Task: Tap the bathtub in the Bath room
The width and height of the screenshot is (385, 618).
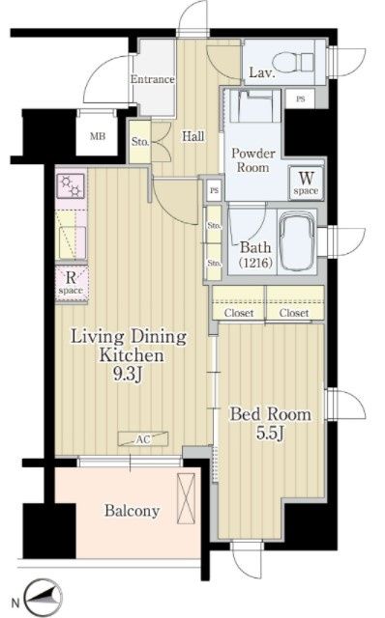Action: pos(297,240)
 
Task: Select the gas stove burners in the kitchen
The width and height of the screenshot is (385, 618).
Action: pos(71,185)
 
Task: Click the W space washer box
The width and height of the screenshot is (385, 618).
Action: pos(306,183)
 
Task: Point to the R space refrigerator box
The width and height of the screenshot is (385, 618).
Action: pos(71,283)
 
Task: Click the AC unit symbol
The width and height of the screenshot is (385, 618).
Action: pos(143,439)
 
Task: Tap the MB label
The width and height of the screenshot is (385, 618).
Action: pos(98,136)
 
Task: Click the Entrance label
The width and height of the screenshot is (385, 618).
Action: pos(153,79)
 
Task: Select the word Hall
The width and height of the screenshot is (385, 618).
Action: pos(193,136)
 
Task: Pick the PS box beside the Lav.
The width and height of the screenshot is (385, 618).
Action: pos(301,98)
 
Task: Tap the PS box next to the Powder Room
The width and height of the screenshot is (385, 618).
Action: pos(215,191)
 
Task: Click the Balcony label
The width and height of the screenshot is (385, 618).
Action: pos(132,511)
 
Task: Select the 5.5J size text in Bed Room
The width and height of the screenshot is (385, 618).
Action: pos(270,433)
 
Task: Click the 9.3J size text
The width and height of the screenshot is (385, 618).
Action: pos(128,375)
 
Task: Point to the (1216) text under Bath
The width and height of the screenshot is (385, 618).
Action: pos(255,262)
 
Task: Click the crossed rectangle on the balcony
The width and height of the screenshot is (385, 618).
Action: pos(187,498)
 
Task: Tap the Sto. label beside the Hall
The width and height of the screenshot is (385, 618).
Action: pos(140,142)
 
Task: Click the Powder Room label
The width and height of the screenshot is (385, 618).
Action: pos(253,160)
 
